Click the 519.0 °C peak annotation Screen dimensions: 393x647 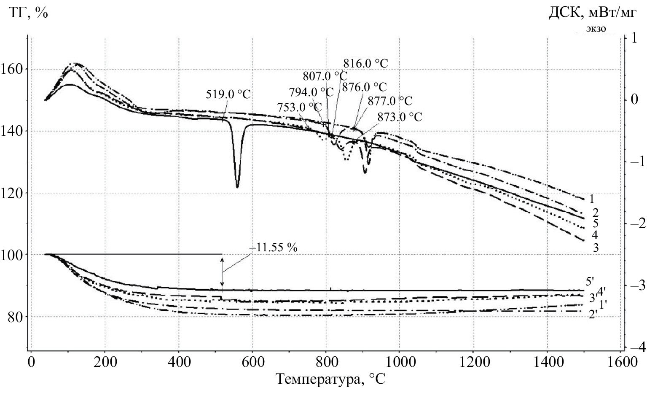coord(228,94)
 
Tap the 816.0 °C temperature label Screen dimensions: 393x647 coord(365,64)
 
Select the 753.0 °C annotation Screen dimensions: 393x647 coord(299,108)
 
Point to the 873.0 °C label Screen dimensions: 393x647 coord(400,117)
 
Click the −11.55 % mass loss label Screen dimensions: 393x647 coord(274,248)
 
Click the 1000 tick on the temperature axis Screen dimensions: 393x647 coord(399,362)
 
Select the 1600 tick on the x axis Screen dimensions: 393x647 coord(621,362)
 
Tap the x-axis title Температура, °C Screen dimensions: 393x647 coord(331,379)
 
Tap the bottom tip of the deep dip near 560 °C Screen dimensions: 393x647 coord(237,187)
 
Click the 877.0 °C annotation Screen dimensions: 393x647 coord(390,101)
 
